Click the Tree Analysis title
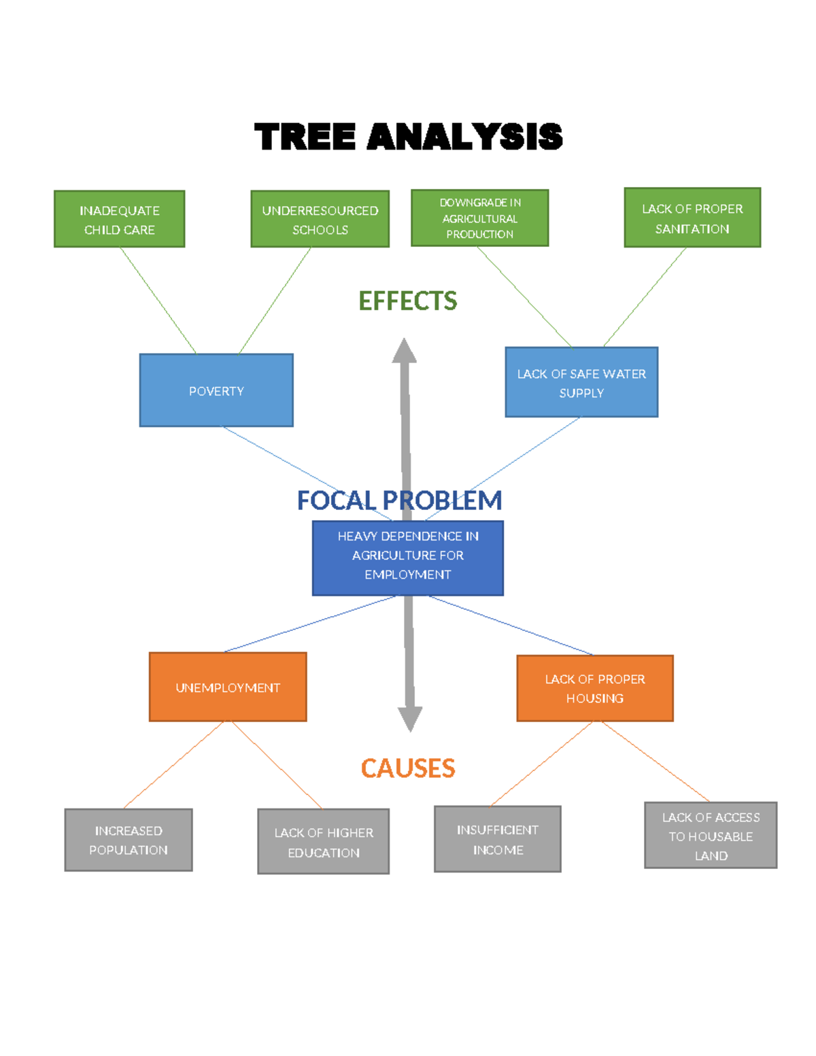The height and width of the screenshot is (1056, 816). coord(408,137)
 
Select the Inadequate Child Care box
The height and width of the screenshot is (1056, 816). coord(120,219)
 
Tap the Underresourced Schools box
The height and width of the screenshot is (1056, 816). coord(320,219)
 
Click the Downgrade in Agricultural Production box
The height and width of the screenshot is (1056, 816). coord(479,218)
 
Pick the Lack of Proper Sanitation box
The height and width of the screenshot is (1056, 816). coord(692,218)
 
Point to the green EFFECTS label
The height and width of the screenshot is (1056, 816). coord(407,301)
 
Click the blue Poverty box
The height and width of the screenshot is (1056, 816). coord(216,390)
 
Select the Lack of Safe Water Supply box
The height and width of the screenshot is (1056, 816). coord(581,382)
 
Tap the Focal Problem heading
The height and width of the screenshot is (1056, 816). coord(399,500)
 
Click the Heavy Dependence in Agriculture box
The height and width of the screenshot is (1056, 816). coord(408,558)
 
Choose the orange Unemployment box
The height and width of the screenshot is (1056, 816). coord(228,687)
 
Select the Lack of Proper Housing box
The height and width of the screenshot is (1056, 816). coord(595,688)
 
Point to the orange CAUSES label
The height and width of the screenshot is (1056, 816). coord(407,768)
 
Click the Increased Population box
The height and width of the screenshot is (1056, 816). coord(129,840)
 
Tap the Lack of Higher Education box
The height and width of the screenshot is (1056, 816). coord(324,842)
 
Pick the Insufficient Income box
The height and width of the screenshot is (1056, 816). coord(498,839)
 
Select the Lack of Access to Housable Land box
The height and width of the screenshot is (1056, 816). coord(711,836)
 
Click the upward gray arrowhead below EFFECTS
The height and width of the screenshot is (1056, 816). coord(404,352)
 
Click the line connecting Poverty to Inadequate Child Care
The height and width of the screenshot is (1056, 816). coord(158,300)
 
